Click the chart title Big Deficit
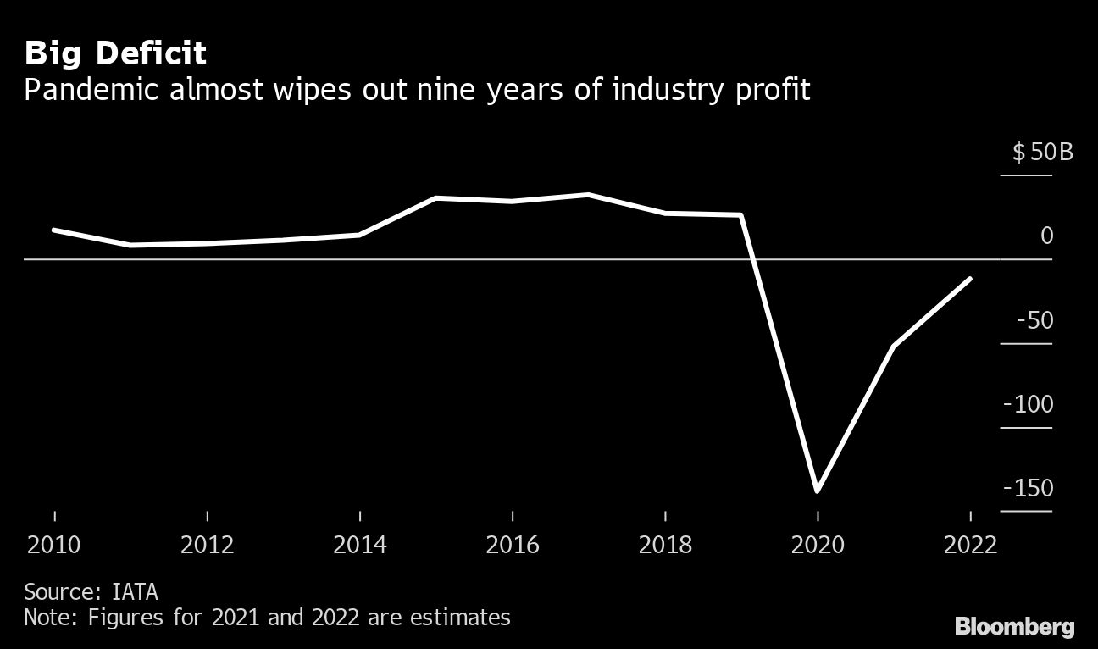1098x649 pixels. (115, 54)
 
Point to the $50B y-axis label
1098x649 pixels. (1042, 153)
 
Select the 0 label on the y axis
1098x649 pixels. (1047, 236)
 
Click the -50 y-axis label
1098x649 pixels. (1034, 321)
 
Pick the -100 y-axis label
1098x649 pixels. (1028, 405)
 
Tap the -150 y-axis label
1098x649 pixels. (1028, 489)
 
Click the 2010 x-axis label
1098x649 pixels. (55, 544)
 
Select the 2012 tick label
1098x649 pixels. (208, 544)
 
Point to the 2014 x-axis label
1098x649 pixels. (360, 544)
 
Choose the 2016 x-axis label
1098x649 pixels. (513, 544)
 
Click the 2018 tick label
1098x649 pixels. (665, 544)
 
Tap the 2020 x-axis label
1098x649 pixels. (818, 544)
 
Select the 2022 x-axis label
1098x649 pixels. (970, 544)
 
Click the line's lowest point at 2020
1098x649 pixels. (818, 491)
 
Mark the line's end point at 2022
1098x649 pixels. (970, 278)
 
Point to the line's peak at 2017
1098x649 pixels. (589, 195)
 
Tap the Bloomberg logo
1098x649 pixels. (1014, 627)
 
